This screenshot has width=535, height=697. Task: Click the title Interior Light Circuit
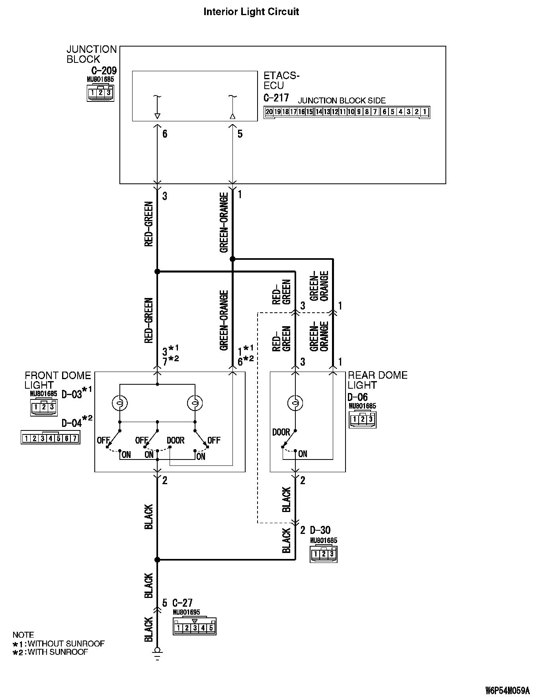pyautogui.click(x=251, y=12)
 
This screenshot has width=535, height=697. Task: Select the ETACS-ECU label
pyautogui.click(x=281, y=80)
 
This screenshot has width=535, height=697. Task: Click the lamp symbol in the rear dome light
pyautogui.click(x=295, y=403)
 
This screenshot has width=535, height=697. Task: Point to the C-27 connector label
pyautogui.click(x=182, y=603)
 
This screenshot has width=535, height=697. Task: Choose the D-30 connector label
pyautogui.click(x=320, y=530)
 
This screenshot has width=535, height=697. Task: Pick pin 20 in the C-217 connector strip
pyautogui.click(x=269, y=112)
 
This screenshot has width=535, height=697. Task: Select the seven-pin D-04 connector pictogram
pyautogui.click(x=51, y=438)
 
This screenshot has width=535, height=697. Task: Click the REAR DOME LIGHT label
pyautogui.click(x=377, y=380)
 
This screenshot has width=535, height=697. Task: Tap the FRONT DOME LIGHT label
pyautogui.click(x=58, y=380)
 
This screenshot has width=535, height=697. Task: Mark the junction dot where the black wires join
pyautogui.click(x=157, y=560)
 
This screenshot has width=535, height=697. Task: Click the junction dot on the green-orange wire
pyautogui.click(x=233, y=259)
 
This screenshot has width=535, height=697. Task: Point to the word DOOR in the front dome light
pyautogui.click(x=176, y=440)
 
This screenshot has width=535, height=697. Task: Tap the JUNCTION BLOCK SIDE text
pyautogui.click(x=342, y=101)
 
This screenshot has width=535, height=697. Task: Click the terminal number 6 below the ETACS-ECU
pyautogui.click(x=165, y=134)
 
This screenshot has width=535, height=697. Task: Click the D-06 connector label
pyautogui.click(x=357, y=397)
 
